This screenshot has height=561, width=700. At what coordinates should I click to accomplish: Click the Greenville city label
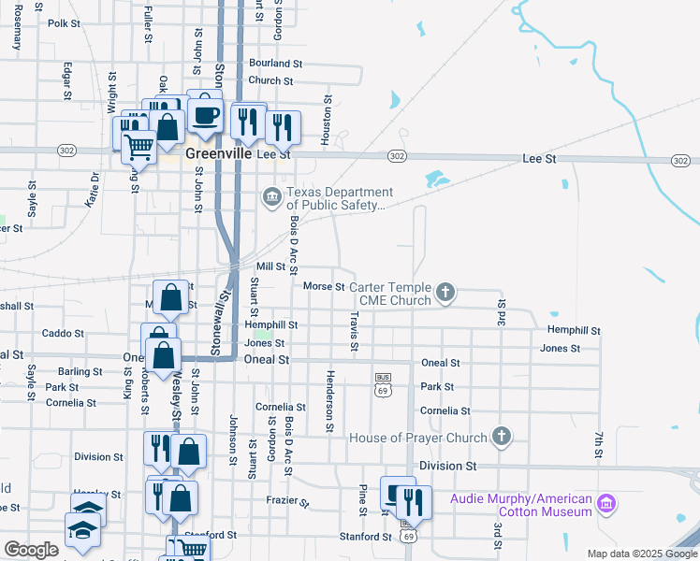pyautogui.click(x=219, y=153)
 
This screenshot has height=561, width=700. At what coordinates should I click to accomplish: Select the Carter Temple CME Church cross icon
pyautogui.click(x=445, y=293)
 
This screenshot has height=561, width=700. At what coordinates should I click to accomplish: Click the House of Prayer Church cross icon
pyautogui.click(x=502, y=437)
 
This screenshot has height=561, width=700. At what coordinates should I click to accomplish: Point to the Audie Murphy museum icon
pyautogui.click(x=606, y=505)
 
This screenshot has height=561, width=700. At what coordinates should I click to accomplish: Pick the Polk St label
pyautogui.click(x=65, y=23)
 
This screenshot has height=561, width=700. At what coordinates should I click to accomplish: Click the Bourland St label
pyautogui.click(x=276, y=65)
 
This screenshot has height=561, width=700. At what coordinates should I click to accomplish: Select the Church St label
pyautogui.click(x=271, y=80)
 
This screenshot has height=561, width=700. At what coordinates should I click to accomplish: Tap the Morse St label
pyautogui.click(x=324, y=286)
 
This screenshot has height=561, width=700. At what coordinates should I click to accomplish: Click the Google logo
pyautogui.click(x=32, y=550)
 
